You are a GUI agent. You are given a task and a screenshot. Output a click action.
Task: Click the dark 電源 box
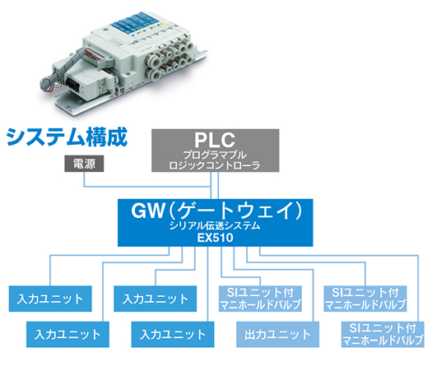click(84, 164)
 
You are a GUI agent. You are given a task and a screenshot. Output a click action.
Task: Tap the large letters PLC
click(215, 140)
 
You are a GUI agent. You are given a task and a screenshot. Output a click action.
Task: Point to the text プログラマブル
click(215, 155)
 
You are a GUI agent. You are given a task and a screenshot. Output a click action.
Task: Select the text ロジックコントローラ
click(215, 166)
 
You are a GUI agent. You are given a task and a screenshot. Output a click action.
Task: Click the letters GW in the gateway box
click(147, 211)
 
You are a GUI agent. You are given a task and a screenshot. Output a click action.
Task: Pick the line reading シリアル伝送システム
click(215, 225)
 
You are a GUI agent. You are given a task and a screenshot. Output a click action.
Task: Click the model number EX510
click(215, 238)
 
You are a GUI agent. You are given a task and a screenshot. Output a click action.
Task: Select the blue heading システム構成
click(67, 137)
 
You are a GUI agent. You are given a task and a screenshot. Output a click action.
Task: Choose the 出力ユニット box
click(278, 334)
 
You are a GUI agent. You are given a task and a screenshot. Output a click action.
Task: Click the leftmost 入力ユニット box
click(50, 299)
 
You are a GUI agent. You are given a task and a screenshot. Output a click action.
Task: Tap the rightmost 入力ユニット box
click(173, 334)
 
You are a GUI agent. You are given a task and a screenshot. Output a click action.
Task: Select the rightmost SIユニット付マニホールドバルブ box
click(383, 334)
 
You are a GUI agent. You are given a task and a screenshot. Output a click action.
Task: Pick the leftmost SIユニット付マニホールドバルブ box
click(260, 299)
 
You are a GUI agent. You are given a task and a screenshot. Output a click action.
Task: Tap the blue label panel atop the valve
click(135, 23)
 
